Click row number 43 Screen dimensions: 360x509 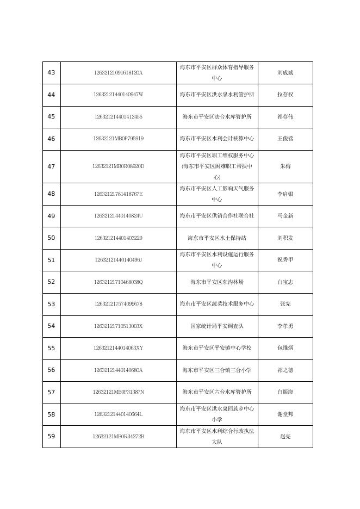(x=52, y=73)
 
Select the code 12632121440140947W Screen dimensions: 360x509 (x=118, y=95)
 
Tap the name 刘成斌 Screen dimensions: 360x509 (x=285, y=73)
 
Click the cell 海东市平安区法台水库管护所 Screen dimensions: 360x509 (x=217, y=117)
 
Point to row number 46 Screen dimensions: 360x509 (x=52, y=139)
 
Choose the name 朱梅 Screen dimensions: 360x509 (x=285, y=166)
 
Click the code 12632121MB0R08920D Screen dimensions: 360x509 (x=118, y=166)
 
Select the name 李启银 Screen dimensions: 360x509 (x=285, y=194)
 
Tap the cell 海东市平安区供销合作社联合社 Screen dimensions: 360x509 (x=217, y=216)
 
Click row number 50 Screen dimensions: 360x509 (x=52, y=238)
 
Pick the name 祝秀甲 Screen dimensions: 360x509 (x=285, y=260)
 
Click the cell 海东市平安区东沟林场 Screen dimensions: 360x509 (x=217, y=282)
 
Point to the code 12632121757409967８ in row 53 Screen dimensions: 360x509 (x=118, y=304)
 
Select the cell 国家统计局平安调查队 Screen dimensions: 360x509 (x=217, y=326)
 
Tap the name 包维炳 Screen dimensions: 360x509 (x=285, y=348)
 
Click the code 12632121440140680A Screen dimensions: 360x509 (x=118, y=370)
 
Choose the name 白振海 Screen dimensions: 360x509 (x=285, y=392)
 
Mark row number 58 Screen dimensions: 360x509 (x=52, y=414)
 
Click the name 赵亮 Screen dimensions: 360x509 (x=285, y=436)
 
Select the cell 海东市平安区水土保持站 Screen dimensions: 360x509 (x=217, y=238)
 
